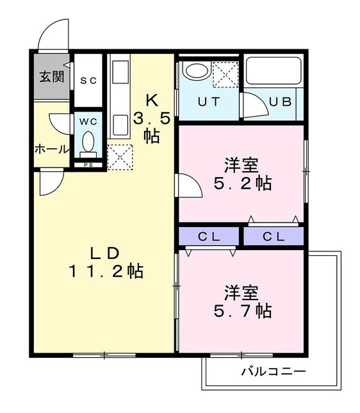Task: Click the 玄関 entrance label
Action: pyautogui.click(x=52, y=78)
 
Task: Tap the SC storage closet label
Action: pyautogui.click(x=88, y=80)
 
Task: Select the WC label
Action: pyautogui.click(x=88, y=120)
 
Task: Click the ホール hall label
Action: pyautogui.click(x=51, y=149)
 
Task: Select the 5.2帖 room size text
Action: pyautogui.click(x=241, y=183)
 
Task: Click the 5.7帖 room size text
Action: pyautogui.click(x=241, y=311)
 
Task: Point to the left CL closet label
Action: pyautogui.click(x=209, y=236)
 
